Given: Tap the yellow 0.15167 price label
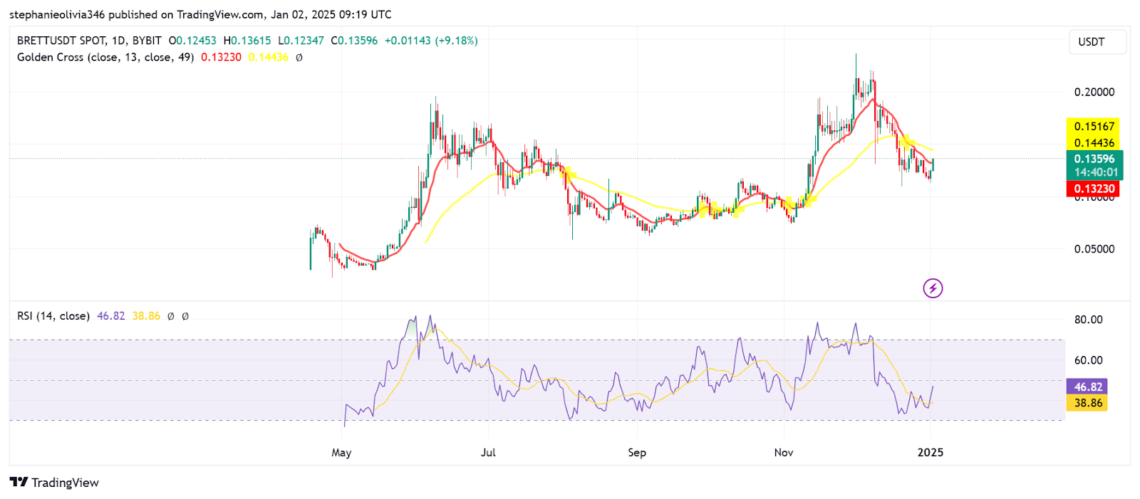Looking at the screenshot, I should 1094,127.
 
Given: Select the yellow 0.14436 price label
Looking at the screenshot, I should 1094,143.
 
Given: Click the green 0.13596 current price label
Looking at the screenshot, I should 1094,159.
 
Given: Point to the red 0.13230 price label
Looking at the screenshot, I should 1094,189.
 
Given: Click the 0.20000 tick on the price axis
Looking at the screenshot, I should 1094,92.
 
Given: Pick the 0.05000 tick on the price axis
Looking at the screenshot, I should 1094,249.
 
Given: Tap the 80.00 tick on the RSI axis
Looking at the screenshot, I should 1088,320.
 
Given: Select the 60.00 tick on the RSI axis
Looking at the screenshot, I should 1088,360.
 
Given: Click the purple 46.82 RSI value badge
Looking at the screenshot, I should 1087,387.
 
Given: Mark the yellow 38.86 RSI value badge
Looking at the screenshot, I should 1087,403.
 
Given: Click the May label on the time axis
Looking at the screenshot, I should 341,453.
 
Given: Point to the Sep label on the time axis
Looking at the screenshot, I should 637,453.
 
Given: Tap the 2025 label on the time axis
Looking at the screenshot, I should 930,453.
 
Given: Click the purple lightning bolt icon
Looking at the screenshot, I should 933,288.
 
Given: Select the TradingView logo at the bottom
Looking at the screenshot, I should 54,483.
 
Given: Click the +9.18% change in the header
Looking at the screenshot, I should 457,41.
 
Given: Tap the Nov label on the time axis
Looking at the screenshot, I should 784,453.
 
